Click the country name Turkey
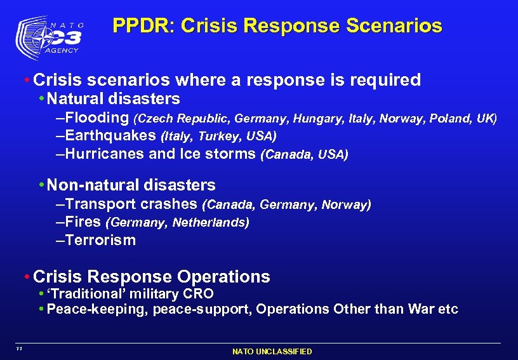216,137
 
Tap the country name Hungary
314,119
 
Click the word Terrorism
100,240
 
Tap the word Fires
83,222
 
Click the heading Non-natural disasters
131,185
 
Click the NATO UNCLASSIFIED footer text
272,351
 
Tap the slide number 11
20,349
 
